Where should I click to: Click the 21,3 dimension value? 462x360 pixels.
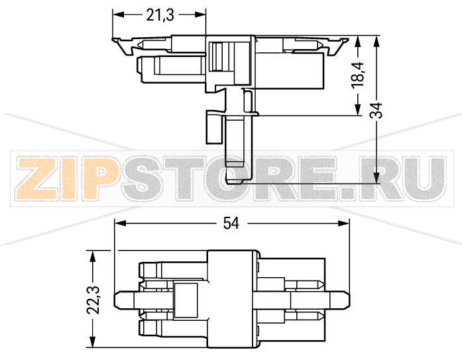(x=160, y=15)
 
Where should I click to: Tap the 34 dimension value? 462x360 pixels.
(x=376, y=109)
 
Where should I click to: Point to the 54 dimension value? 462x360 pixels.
(x=231, y=224)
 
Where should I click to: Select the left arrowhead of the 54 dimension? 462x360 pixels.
(x=120, y=224)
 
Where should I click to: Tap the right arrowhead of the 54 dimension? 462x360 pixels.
(x=344, y=224)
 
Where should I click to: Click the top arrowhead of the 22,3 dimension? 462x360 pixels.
(x=93, y=255)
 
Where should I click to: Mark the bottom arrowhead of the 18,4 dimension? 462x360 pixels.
(x=358, y=111)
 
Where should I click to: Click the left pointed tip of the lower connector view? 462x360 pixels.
(x=117, y=299)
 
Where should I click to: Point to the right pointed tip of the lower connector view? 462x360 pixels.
(x=347, y=299)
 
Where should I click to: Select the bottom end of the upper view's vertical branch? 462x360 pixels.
(x=239, y=181)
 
